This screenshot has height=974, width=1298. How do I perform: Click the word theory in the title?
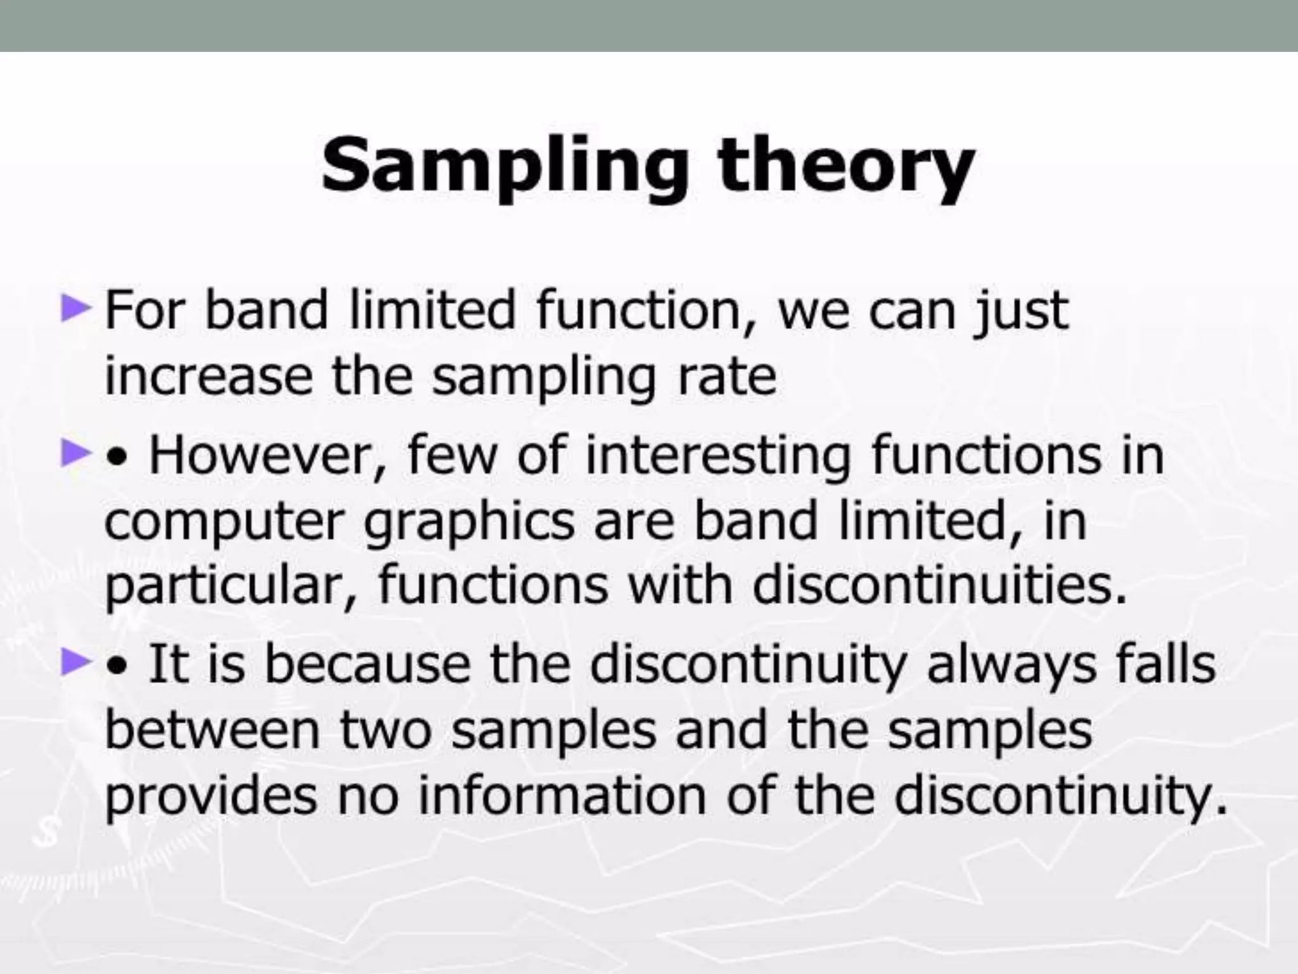point(845,166)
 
